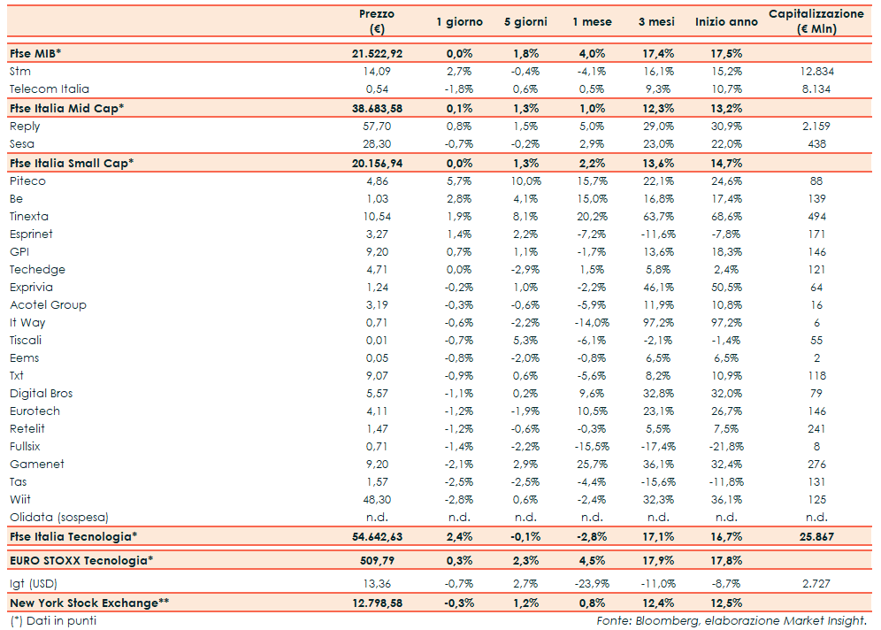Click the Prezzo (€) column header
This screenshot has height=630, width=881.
click(377, 22)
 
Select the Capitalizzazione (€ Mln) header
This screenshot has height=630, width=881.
click(816, 22)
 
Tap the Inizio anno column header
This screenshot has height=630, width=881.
click(726, 22)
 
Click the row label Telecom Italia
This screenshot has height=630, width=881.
click(50, 89)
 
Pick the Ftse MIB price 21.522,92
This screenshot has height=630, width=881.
click(377, 54)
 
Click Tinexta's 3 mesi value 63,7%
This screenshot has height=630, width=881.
click(658, 217)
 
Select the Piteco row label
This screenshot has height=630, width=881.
click(28, 181)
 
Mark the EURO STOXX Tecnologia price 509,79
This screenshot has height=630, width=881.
click(377, 559)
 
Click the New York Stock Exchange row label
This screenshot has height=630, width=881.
click(89, 603)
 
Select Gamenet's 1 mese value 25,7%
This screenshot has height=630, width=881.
click(591, 465)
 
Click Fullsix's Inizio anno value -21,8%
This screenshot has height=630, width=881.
click(726, 447)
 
